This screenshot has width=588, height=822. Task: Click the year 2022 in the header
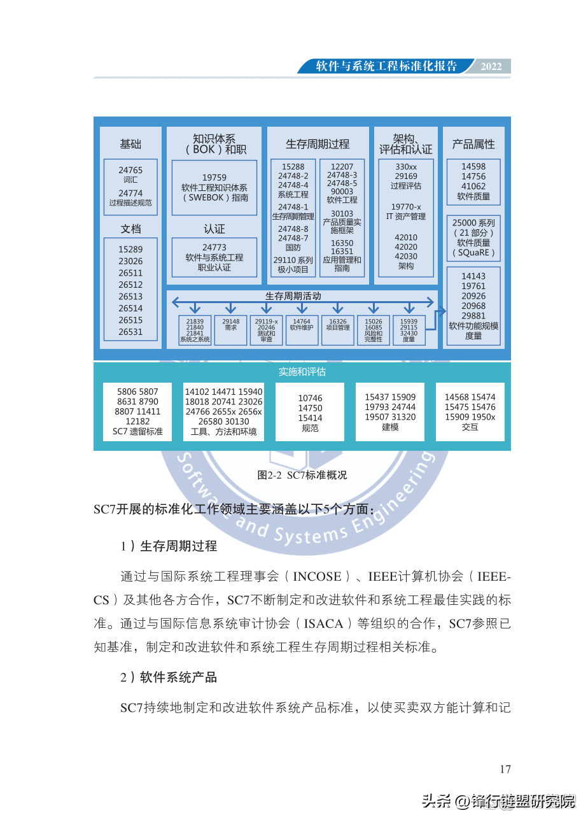tap(491, 67)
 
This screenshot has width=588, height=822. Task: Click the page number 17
tap(505, 769)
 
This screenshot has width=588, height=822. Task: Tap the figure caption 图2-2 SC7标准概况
tap(302, 475)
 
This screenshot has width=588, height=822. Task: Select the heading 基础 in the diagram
tap(130, 145)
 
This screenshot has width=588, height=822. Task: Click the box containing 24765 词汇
tap(130, 175)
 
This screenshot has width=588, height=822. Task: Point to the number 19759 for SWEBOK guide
tap(214, 178)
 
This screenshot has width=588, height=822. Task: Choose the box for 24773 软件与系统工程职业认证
tap(214, 257)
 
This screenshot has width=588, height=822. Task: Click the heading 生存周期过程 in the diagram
tap(318, 144)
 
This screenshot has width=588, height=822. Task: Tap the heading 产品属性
tap(473, 145)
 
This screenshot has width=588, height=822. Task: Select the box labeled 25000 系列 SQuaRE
tap(473, 238)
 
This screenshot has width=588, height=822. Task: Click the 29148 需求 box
tap(230, 330)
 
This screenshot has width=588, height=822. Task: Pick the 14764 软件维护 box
tap(302, 330)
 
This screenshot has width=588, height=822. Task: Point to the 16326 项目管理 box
tap(338, 330)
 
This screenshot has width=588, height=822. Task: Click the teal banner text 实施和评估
tap(302, 372)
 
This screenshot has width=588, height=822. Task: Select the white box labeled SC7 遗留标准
tap(137, 411)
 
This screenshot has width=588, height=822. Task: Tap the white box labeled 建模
tap(390, 411)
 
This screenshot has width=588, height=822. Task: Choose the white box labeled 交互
tap(470, 411)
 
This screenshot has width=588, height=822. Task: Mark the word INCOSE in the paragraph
tap(317, 577)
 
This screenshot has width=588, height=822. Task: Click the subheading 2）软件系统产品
tap(169, 677)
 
